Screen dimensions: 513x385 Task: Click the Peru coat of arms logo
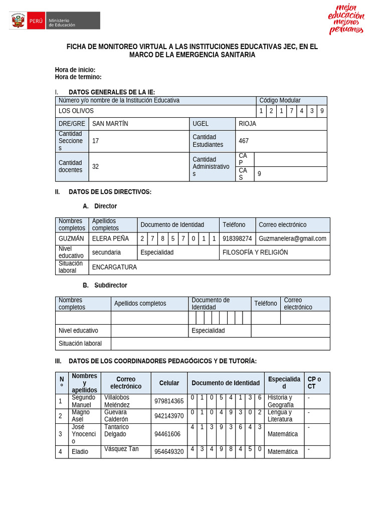point(18,21)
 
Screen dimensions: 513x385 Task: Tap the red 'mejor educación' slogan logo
point(346,19)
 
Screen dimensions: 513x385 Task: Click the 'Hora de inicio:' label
point(75,70)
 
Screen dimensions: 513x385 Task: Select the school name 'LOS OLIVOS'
point(76,111)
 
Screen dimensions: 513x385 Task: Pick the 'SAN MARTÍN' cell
point(110,124)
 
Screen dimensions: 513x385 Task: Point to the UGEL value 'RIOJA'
point(248,124)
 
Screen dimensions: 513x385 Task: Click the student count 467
point(244,141)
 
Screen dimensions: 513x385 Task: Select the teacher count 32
point(96,166)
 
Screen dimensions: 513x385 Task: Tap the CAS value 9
point(259,174)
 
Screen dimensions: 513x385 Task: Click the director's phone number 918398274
point(237,238)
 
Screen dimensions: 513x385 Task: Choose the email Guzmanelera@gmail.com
point(292,238)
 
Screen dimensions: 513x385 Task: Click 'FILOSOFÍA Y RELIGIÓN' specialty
point(255,252)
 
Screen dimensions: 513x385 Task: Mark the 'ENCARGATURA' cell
point(114,267)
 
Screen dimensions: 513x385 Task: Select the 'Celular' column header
point(169,383)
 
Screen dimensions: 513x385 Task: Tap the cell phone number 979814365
point(169,401)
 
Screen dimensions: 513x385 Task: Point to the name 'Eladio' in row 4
point(80,451)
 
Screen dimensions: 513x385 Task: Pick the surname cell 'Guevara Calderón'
point(116,415)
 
